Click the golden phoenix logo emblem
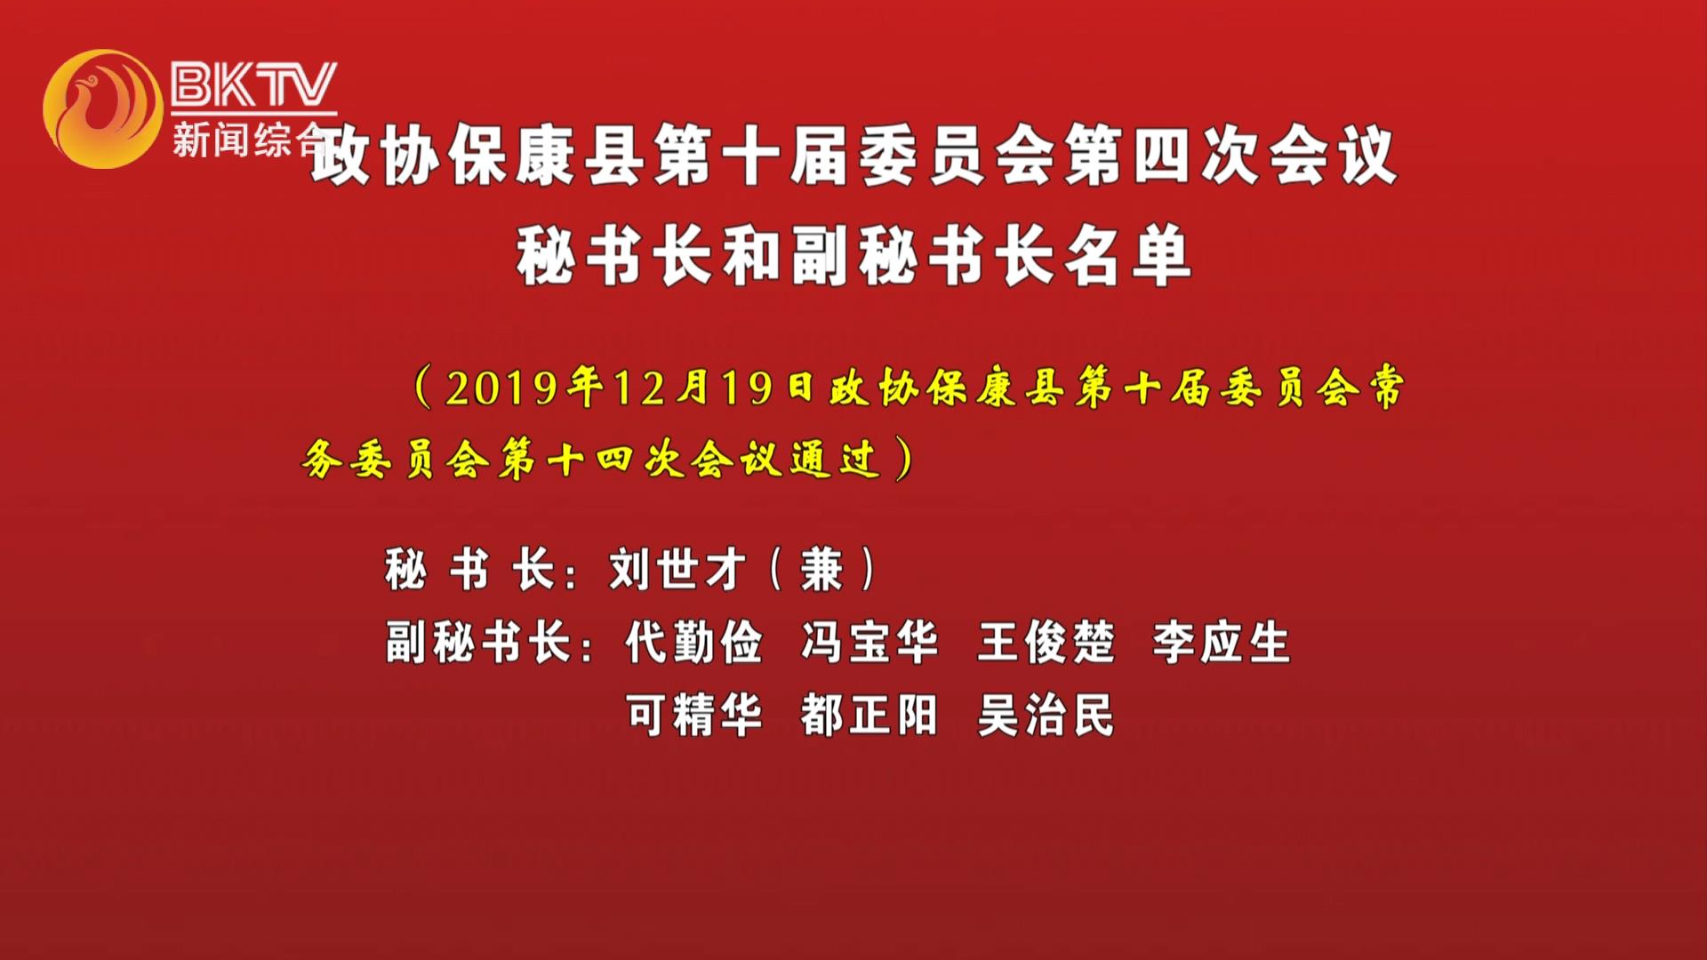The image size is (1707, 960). (103, 108)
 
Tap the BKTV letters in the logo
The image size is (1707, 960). (254, 84)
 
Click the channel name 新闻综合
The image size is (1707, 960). (250, 140)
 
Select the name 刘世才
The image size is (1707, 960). (677, 569)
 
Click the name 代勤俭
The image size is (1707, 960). (693, 642)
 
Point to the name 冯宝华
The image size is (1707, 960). (870, 642)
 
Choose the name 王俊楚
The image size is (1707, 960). (1046, 642)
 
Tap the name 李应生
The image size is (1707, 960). (1222, 642)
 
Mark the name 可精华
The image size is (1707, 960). (693, 715)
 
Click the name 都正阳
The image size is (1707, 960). (870, 715)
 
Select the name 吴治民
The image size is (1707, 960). (1046, 715)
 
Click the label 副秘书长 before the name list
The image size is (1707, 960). (477, 642)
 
